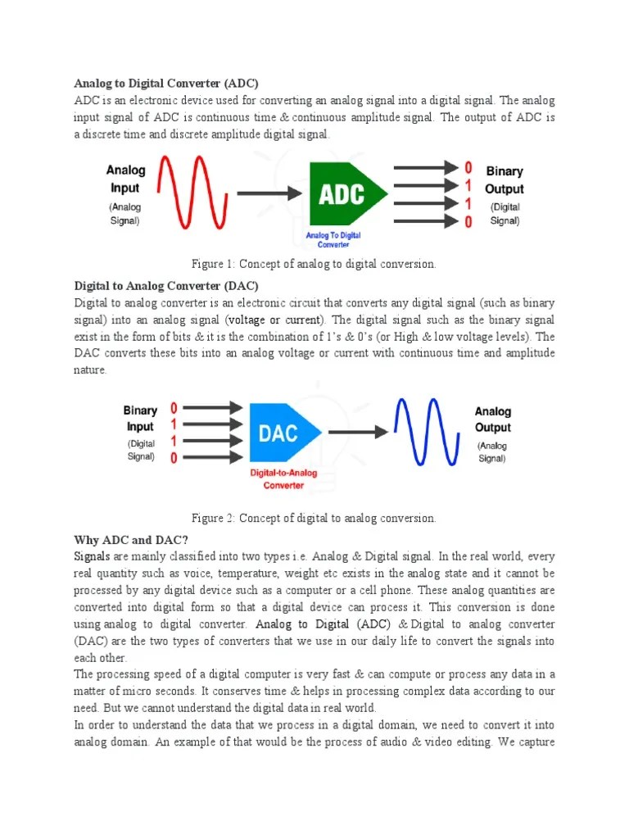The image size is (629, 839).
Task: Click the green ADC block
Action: point(345,194)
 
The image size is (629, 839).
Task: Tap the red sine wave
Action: point(190,193)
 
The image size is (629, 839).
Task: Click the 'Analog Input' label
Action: point(125,179)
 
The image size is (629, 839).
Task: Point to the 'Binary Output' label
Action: point(505,180)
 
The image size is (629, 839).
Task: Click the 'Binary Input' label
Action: point(140,418)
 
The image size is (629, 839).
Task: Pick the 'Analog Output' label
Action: point(492,419)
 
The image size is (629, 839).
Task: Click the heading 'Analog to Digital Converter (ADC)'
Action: point(166,84)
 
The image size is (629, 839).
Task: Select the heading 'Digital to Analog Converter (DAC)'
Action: point(166,286)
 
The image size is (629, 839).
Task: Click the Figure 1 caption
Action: point(314,264)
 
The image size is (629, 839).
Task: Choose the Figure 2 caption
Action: point(314,518)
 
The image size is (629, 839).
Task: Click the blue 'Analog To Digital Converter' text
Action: point(333,239)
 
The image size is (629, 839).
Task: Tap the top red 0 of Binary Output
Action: point(468,168)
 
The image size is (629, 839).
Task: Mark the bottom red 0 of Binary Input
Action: point(174,458)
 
